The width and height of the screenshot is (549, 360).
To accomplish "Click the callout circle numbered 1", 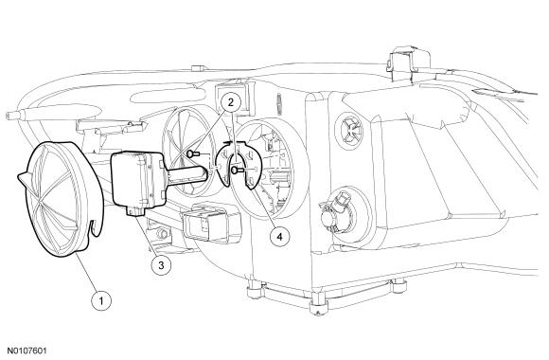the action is coord(101,300).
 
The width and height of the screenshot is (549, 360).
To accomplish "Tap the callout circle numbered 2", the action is coord(230,102).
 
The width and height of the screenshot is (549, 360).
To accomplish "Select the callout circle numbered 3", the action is coord(161,265).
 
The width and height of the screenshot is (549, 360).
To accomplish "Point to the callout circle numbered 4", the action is coord(279,237).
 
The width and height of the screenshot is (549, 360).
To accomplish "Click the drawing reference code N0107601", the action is coord(27,351).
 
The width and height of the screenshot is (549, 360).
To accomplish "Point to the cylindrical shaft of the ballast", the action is coord(186,175).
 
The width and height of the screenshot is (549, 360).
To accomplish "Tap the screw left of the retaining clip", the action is coord(193,153).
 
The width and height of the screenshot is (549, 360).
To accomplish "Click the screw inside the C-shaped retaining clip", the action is coord(237,171).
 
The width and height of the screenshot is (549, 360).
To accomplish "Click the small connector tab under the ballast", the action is coord(135,211).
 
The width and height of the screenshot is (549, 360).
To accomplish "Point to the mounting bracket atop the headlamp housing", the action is coord(409,64).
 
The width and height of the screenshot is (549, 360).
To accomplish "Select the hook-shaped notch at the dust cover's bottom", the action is coord(93,229).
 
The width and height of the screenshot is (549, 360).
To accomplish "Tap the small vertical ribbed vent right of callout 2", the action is coord(279,104).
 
